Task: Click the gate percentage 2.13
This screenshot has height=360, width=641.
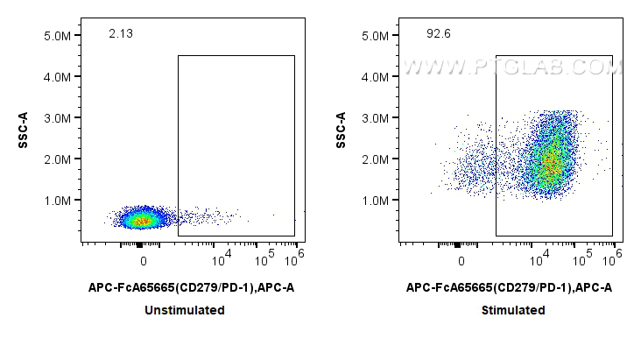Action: tap(120, 34)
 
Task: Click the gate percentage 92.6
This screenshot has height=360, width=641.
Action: tap(437, 34)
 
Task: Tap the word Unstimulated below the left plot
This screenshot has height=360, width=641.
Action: tap(185, 310)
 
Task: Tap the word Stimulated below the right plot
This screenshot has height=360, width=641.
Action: tap(512, 310)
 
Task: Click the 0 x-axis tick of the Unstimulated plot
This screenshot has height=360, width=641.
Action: tap(144, 260)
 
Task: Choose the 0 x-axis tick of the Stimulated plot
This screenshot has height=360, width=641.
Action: tap(461, 260)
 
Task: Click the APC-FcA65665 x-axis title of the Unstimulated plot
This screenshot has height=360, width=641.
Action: tap(185, 287)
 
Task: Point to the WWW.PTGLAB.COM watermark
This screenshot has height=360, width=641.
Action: tap(511, 67)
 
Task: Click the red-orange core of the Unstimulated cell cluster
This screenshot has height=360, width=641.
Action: tap(142, 220)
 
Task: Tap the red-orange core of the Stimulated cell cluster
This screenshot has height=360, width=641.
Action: tap(548, 165)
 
